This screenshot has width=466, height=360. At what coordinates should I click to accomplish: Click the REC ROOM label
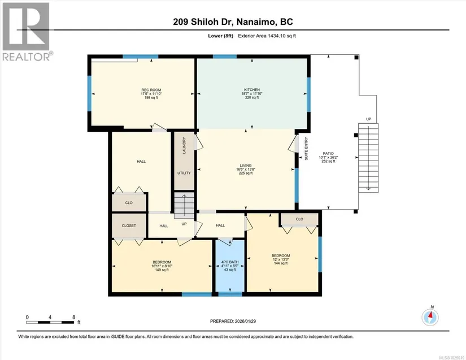pos(151,90)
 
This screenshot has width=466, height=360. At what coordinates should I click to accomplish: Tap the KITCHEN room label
pos(252,89)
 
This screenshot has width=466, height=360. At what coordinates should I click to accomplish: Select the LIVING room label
pos(246,165)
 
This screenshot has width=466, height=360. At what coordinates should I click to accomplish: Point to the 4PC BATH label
pos(230,262)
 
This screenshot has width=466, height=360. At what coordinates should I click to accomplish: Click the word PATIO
pos(328,153)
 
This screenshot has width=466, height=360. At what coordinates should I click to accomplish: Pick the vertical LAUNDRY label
pos(184,145)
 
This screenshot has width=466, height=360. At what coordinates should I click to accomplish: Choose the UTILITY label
pos(184,173)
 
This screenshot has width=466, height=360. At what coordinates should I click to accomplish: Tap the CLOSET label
pos(129,225)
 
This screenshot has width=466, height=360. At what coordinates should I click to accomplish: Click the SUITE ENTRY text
pos(306,149)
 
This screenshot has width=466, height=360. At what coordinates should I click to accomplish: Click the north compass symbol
pos(430,317)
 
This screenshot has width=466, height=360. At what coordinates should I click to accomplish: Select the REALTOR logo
pos(27,32)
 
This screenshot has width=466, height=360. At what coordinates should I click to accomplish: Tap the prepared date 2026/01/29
pos(245,321)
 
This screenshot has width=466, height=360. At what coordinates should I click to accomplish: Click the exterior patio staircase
pos(368,158)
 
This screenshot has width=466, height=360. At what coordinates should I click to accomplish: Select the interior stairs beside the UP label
pos(184,205)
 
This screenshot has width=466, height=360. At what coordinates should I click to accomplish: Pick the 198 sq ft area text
pos(151,98)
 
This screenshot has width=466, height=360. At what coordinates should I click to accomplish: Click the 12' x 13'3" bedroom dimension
pos(281,259)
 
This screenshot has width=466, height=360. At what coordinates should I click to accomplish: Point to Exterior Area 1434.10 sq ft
pos(267,36)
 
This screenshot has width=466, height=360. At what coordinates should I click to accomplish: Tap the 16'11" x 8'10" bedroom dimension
pos(162,266)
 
